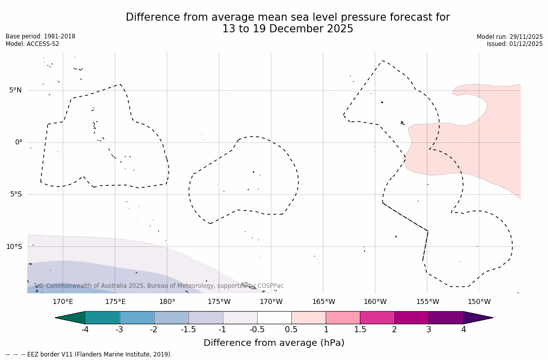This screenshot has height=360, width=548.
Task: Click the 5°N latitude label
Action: [x=15, y=90]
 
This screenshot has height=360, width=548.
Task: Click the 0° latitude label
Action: [x=18, y=142]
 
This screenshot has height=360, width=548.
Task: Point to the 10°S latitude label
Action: [x=14, y=247]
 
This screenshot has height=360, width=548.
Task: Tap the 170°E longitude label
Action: [x=63, y=302]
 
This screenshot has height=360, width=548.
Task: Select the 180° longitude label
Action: [x=167, y=302]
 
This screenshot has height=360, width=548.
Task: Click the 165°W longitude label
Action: [x=323, y=302]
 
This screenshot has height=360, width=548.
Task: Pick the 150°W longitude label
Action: [x=479, y=302]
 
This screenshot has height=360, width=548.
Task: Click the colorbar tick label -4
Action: [x=85, y=330]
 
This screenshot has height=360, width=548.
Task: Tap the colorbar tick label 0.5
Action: [x=291, y=330]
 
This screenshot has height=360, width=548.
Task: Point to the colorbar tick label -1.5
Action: [x=188, y=330]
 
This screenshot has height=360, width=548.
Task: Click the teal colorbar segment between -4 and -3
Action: [x=103, y=318]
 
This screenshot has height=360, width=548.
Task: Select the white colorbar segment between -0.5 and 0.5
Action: [x=274, y=318]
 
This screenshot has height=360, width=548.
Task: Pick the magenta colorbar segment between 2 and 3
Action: [x=412, y=318]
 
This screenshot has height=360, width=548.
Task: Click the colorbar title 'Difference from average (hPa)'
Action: [x=274, y=343]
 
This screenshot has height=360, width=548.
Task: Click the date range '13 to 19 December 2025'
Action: [x=287, y=29]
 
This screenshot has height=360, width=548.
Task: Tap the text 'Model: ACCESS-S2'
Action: [x=32, y=44]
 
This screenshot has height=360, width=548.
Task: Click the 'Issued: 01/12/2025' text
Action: [x=515, y=44]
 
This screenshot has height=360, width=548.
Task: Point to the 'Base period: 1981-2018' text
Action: [x=40, y=36]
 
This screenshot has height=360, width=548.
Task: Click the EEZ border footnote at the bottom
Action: [x=89, y=354]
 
